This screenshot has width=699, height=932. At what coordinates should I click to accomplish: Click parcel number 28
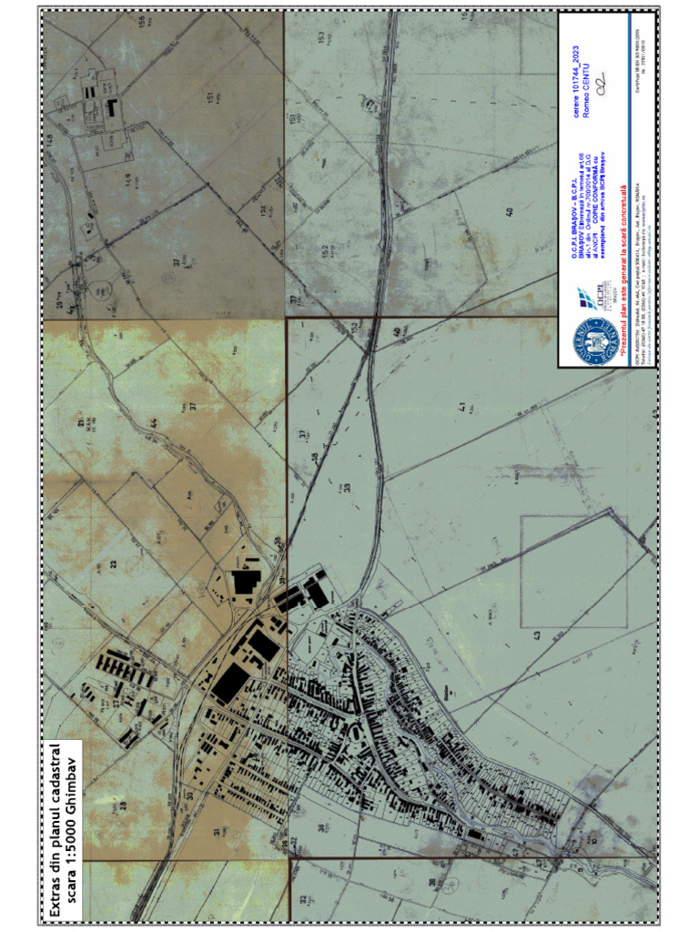point(119,805)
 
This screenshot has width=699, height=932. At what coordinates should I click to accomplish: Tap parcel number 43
point(537,634)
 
